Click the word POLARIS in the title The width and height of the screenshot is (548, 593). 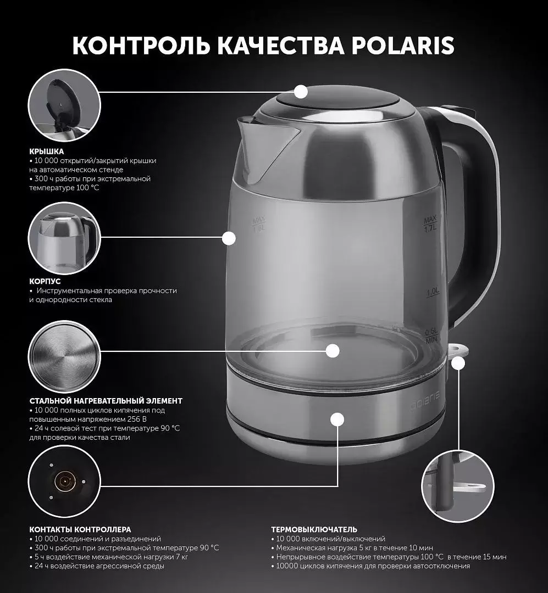coord(402,46)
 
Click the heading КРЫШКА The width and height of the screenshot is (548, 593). coord(47,152)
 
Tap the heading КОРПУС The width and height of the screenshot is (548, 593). coord(45,281)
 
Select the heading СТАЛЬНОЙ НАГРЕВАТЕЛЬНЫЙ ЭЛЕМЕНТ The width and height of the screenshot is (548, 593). coord(106,401)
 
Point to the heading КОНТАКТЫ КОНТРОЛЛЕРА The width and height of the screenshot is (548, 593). coord(80,529)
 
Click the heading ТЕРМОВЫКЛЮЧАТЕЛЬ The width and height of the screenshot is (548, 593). coord(314,529)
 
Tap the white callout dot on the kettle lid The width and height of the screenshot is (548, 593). coord(301,92)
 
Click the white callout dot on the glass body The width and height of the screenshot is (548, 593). coord(229,238)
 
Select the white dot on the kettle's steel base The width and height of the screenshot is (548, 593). coord(337,420)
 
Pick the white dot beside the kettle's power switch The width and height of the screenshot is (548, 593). coord(458,363)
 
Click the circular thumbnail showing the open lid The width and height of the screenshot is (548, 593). coord(64,105)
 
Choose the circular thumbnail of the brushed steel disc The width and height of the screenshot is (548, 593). coord(64,357)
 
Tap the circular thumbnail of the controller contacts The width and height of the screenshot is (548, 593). coord(64,480)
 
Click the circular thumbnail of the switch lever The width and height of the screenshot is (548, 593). coord(458,486)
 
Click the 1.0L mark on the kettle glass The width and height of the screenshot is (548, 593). coord(433,292)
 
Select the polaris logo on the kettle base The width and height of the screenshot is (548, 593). coord(425,400)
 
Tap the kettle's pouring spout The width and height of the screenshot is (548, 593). coord(265,148)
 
